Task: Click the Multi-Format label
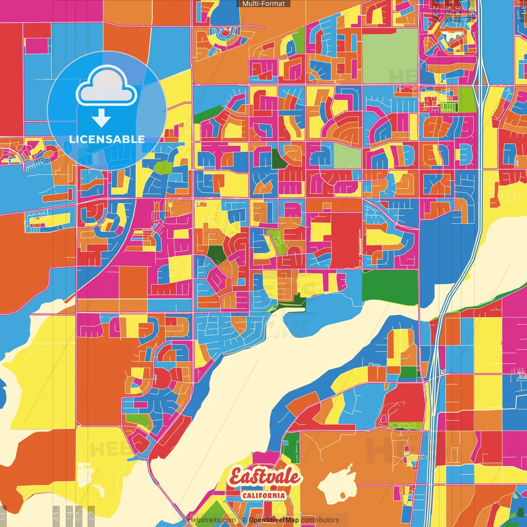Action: click(x=263, y=4)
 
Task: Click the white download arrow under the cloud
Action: click(x=101, y=118)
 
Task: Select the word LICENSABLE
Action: click(x=107, y=139)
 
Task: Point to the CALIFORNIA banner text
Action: click(x=263, y=495)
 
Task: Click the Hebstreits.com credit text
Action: click(x=212, y=520)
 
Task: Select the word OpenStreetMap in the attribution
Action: click(x=274, y=520)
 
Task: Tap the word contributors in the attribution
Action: click(x=320, y=520)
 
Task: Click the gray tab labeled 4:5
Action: click(x=56, y=515)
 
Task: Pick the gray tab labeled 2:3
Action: click(x=91, y=515)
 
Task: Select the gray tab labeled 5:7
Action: click(x=79, y=515)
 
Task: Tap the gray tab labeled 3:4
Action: click(x=69, y=515)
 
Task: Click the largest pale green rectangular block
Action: click(x=389, y=56)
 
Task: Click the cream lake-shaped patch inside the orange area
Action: click(x=338, y=486)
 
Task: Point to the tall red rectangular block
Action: click(x=346, y=241)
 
